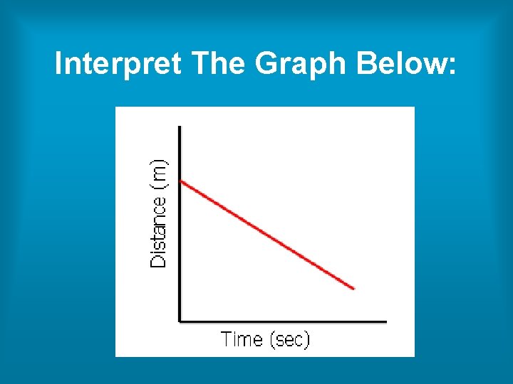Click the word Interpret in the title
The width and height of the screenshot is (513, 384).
tap(119, 65)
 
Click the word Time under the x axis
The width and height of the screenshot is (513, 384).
tap(242, 339)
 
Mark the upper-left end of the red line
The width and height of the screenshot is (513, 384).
tap(182, 181)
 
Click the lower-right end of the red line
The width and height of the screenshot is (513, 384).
tap(353, 288)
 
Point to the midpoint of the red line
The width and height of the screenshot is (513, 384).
tap(267, 235)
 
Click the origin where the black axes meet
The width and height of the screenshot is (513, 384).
tap(180, 321)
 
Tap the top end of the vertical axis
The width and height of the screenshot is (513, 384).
tap(180, 127)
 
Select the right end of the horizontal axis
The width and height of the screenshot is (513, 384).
tap(386, 321)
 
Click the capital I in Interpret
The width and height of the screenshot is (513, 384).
tap(59, 65)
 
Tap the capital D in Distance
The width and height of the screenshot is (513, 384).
tap(159, 260)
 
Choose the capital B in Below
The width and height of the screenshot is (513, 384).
tap(368, 65)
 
